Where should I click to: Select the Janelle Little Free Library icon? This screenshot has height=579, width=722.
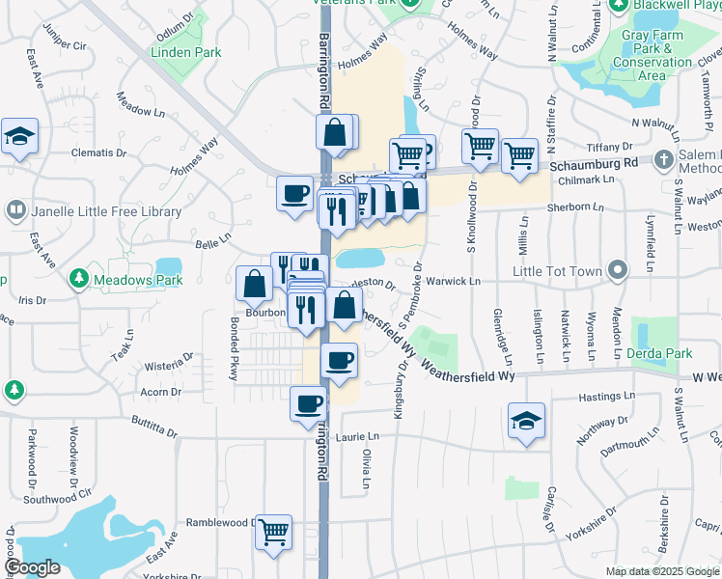click(16, 208)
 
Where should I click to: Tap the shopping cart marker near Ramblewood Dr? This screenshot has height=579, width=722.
click(274, 530)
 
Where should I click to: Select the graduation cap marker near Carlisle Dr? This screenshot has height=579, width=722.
click(527, 420)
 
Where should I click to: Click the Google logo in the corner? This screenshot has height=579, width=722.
click(32, 567)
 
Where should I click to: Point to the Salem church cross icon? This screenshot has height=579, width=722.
click(664, 158)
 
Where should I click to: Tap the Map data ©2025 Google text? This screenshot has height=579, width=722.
click(660, 571)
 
